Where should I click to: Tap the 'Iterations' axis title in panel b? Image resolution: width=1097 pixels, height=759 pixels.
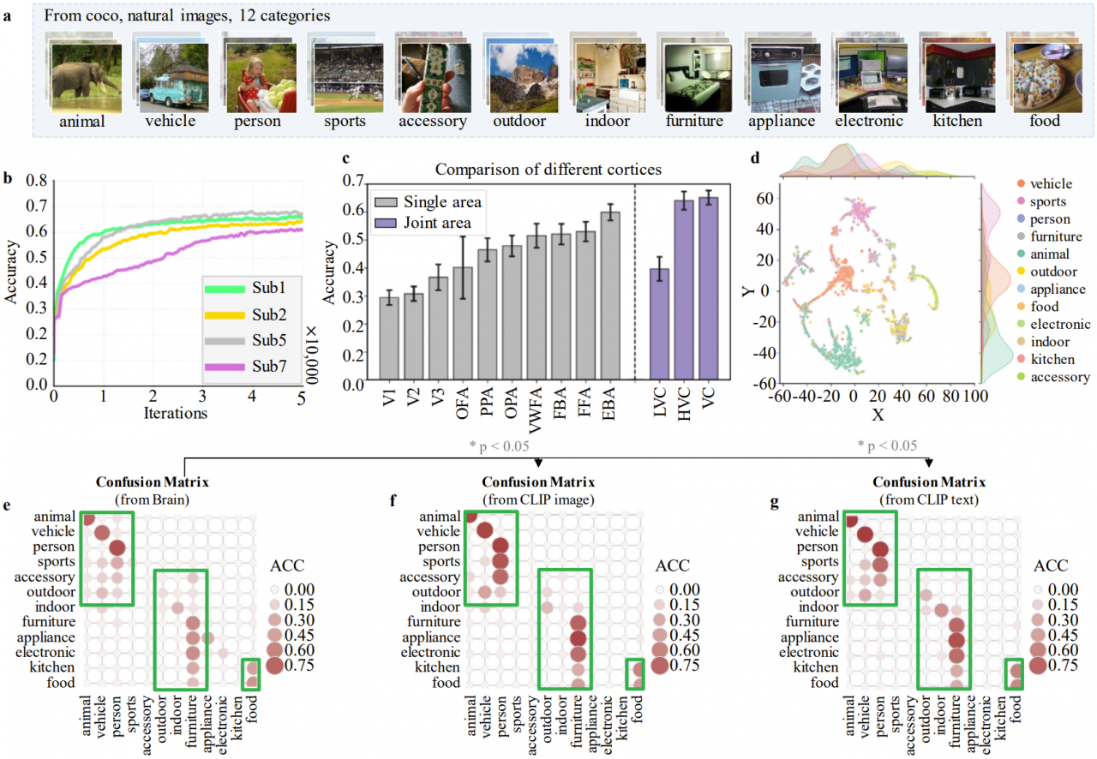coord(175,414)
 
